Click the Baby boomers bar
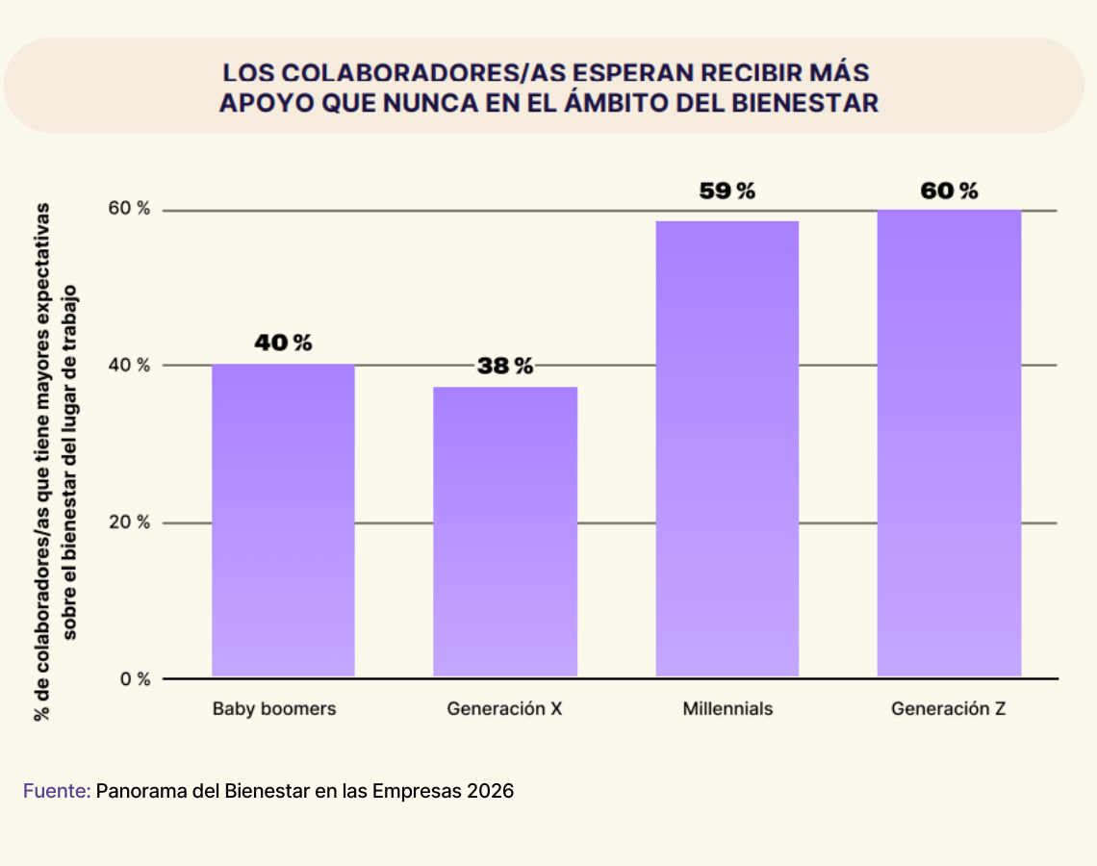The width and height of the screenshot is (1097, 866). pos(283,520)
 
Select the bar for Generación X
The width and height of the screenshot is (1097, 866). pos(505,531)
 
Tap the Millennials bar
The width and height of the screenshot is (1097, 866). pos(727,448)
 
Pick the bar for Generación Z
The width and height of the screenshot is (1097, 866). pos(949,443)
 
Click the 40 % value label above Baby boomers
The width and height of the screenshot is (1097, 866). pos(283,343)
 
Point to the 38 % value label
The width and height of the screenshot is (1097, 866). pos(505,366)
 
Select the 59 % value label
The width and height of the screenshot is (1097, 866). pos(727,191)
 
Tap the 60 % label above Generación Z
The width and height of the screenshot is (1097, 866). pos(949,191)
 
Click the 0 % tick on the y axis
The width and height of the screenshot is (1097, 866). pos(136,679)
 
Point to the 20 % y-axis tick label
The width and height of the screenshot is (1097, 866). pos(132,522)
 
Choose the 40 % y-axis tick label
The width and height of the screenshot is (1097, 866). pos(132,366)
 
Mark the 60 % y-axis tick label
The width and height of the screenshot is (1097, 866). pos(132,210)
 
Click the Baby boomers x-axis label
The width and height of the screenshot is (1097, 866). pos(274,709)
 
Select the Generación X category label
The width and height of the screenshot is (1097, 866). pos(504,709)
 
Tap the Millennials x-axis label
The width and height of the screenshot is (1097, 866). pos(727,709)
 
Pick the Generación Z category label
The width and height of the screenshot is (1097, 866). pos(949,709)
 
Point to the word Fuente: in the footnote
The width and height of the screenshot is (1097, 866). pos(57,791)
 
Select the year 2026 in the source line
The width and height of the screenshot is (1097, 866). pos(492,791)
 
